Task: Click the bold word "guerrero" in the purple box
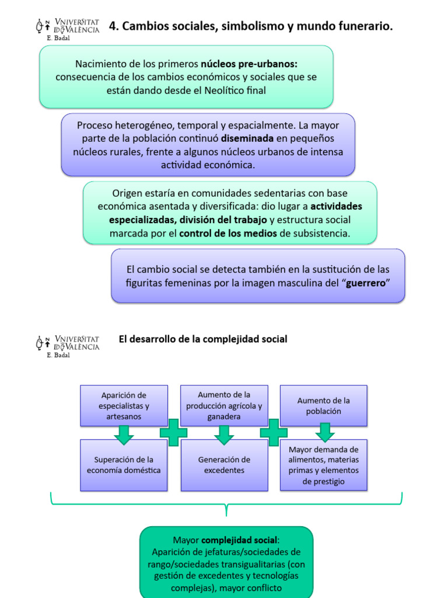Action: click(x=365, y=283)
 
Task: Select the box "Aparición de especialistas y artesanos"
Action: click(x=124, y=405)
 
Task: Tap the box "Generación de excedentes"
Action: click(x=224, y=465)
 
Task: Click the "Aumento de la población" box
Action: click(x=324, y=405)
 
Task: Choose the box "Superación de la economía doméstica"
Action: click(x=124, y=465)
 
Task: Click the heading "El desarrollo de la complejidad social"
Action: click(x=203, y=339)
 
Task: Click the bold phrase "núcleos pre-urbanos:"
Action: click(x=249, y=63)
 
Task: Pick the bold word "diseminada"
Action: click(x=247, y=139)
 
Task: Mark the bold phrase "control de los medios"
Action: click(x=228, y=233)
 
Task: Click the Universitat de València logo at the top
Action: click(x=68, y=27)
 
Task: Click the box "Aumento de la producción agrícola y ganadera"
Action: click(x=224, y=405)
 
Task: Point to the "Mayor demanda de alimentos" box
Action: click(x=324, y=465)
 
